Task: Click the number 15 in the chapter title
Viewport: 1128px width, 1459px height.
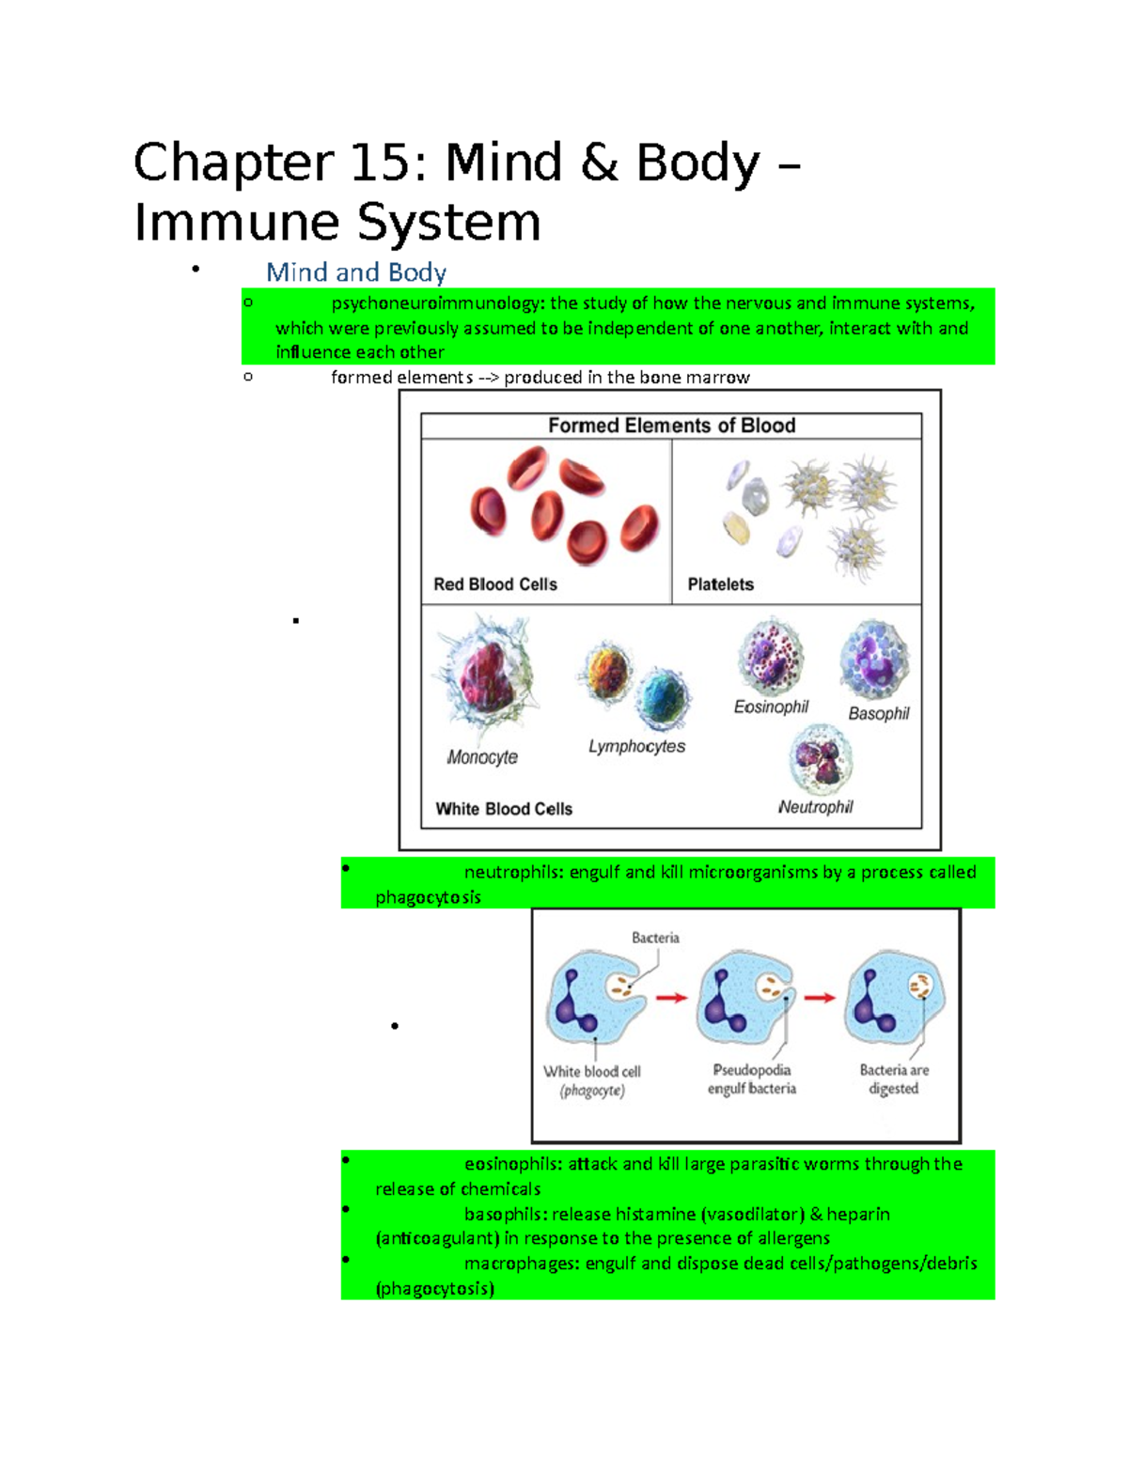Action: pyautogui.click(x=380, y=163)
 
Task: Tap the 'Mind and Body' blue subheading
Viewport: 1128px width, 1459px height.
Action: pyautogui.click(x=355, y=272)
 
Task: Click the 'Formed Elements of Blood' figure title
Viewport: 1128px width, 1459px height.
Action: pyautogui.click(x=671, y=426)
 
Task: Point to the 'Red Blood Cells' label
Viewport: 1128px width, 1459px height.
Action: pyautogui.click(x=494, y=584)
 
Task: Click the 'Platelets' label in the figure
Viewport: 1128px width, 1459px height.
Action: pyautogui.click(x=720, y=584)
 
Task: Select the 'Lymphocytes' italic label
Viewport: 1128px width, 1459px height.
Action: pyautogui.click(x=636, y=746)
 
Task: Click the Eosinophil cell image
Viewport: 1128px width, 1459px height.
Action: pyautogui.click(x=771, y=657)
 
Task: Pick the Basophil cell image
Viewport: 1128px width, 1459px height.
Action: pyautogui.click(x=874, y=660)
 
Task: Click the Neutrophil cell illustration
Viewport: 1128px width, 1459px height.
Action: pyautogui.click(x=821, y=760)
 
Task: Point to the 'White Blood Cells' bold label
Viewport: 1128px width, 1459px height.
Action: pyautogui.click(x=503, y=809)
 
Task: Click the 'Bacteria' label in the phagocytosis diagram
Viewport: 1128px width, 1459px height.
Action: pyautogui.click(x=655, y=938)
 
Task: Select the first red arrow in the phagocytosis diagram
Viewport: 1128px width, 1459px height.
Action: pyautogui.click(x=671, y=998)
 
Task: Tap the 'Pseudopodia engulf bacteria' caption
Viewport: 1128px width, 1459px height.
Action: pyautogui.click(x=751, y=1079)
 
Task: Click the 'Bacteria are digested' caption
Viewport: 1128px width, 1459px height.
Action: pyautogui.click(x=893, y=1079)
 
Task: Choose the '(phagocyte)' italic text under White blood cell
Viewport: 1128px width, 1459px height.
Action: pyautogui.click(x=591, y=1091)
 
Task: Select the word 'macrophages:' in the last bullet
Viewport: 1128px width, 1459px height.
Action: pyautogui.click(x=522, y=1264)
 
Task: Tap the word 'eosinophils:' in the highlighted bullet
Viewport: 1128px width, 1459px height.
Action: pyautogui.click(x=513, y=1164)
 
